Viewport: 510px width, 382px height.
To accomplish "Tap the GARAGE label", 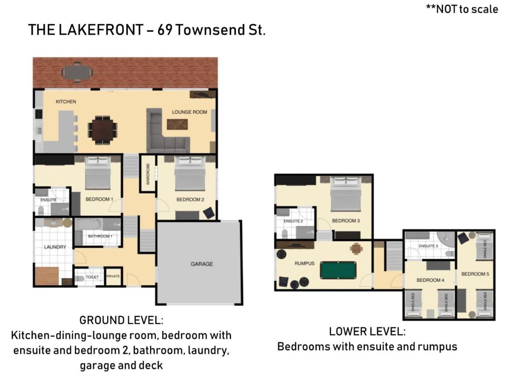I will [201, 264].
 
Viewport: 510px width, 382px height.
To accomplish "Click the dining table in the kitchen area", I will [102, 126].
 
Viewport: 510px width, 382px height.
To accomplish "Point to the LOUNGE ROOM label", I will [190, 112].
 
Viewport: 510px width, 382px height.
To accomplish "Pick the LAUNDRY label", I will [55, 247].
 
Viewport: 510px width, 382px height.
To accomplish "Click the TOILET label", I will [92, 277].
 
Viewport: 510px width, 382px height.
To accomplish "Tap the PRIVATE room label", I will [113, 276].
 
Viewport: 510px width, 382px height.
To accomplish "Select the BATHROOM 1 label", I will [100, 236].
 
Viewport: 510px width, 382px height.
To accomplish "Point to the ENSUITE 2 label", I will [293, 221].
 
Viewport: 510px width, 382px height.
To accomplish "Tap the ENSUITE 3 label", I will [429, 246].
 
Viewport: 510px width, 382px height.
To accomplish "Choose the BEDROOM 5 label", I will [475, 274].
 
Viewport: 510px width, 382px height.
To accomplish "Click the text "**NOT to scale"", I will [462, 9].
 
